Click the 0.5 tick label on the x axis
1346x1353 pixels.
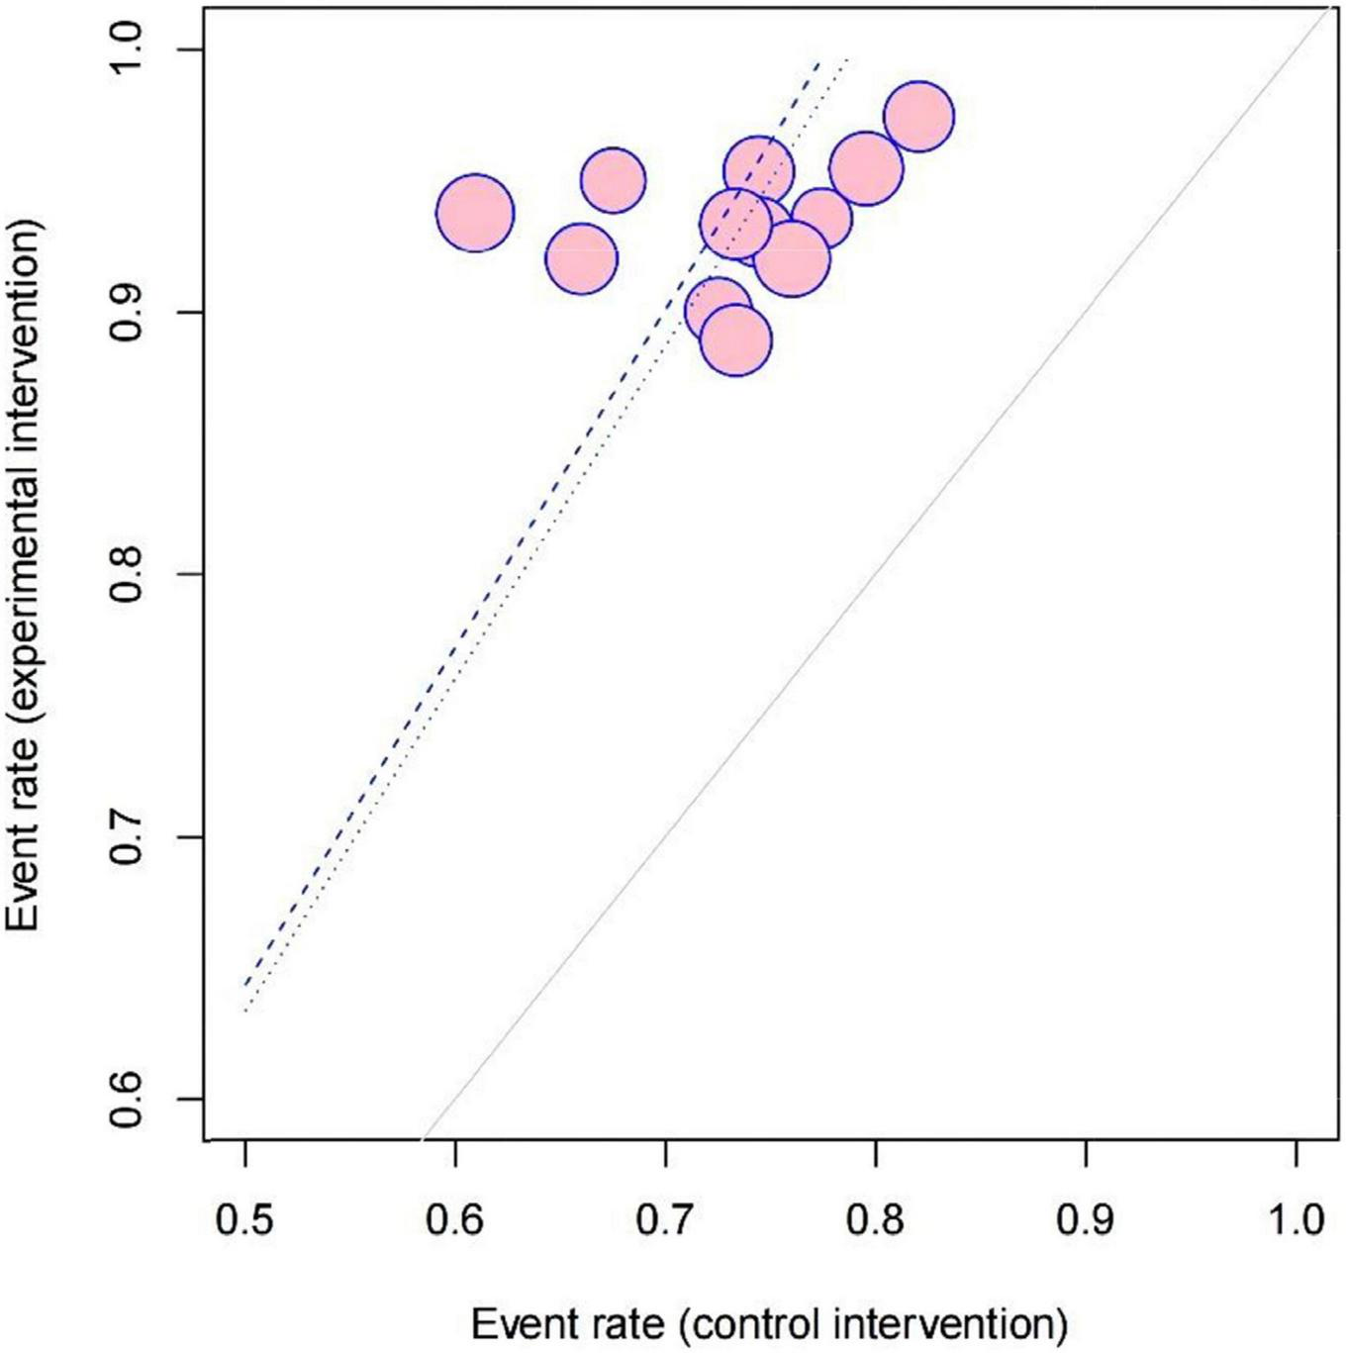[244, 1219]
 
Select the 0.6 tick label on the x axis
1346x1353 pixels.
[454, 1219]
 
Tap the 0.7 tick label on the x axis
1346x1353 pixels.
[665, 1219]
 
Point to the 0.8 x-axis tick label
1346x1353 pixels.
[875, 1219]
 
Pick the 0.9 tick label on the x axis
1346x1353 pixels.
[1086, 1219]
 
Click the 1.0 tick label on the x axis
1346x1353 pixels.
[1296, 1219]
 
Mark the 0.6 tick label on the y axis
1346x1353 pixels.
[127, 1099]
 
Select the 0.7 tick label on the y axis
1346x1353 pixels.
[127, 837]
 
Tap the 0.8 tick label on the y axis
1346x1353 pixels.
[127, 575]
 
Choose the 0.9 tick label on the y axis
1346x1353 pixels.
[127, 313]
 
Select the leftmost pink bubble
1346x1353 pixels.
[475, 213]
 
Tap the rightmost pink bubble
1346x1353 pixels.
[918, 117]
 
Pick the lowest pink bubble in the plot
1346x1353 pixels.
[735, 340]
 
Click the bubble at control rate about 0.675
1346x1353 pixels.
[613, 180]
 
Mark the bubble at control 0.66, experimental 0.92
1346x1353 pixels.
[581, 259]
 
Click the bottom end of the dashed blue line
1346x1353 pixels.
[245, 985]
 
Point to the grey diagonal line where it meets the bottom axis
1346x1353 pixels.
[423, 1139]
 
